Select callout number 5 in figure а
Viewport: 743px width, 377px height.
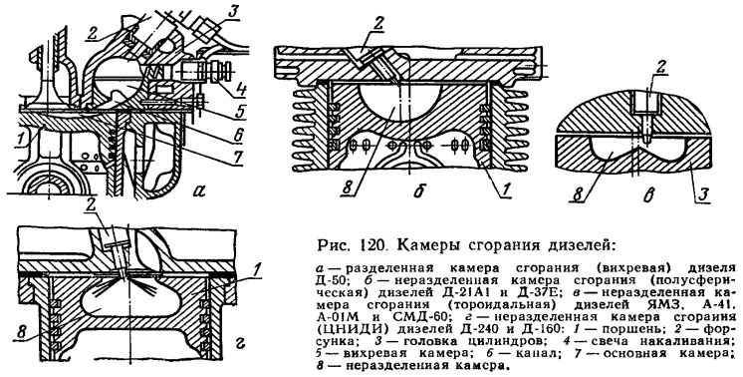(x=240, y=112)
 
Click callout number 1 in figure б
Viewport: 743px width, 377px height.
(x=505, y=189)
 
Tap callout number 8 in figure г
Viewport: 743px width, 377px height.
(x=21, y=332)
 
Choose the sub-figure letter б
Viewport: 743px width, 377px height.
(x=417, y=191)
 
